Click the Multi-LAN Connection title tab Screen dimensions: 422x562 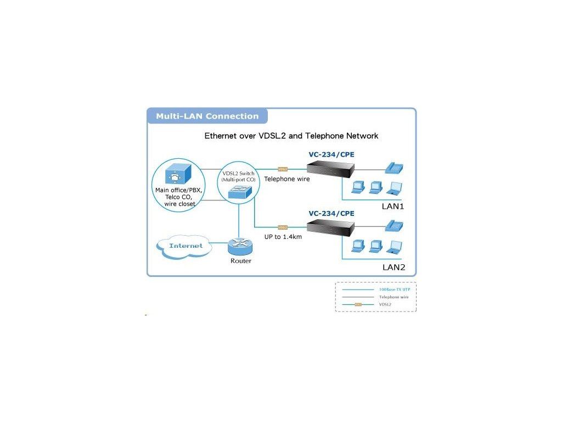207,116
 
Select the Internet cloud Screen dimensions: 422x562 186,246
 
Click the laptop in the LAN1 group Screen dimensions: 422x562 394,188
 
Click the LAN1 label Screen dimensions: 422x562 393,207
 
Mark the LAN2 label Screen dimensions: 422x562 393,268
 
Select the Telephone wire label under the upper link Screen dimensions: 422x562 287,179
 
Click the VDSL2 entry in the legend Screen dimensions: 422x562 385,304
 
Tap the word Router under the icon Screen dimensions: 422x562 240,261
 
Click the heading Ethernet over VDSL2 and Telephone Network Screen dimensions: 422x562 291,136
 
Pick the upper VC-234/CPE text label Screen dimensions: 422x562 331,155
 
